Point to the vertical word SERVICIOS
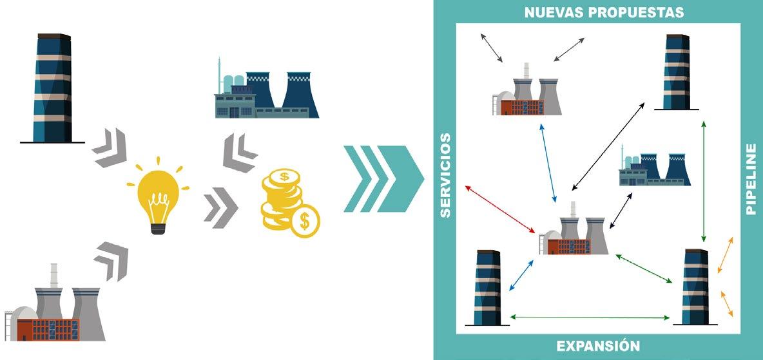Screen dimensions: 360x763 click(445, 175)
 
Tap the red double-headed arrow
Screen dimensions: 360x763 click(500, 208)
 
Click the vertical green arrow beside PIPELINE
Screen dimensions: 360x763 click(704, 180)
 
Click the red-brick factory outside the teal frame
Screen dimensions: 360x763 click(55, 305)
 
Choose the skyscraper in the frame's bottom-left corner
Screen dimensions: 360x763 click(487, 287)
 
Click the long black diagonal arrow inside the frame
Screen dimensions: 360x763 click(609, 146)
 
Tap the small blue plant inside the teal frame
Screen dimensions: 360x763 click(654, 168)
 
